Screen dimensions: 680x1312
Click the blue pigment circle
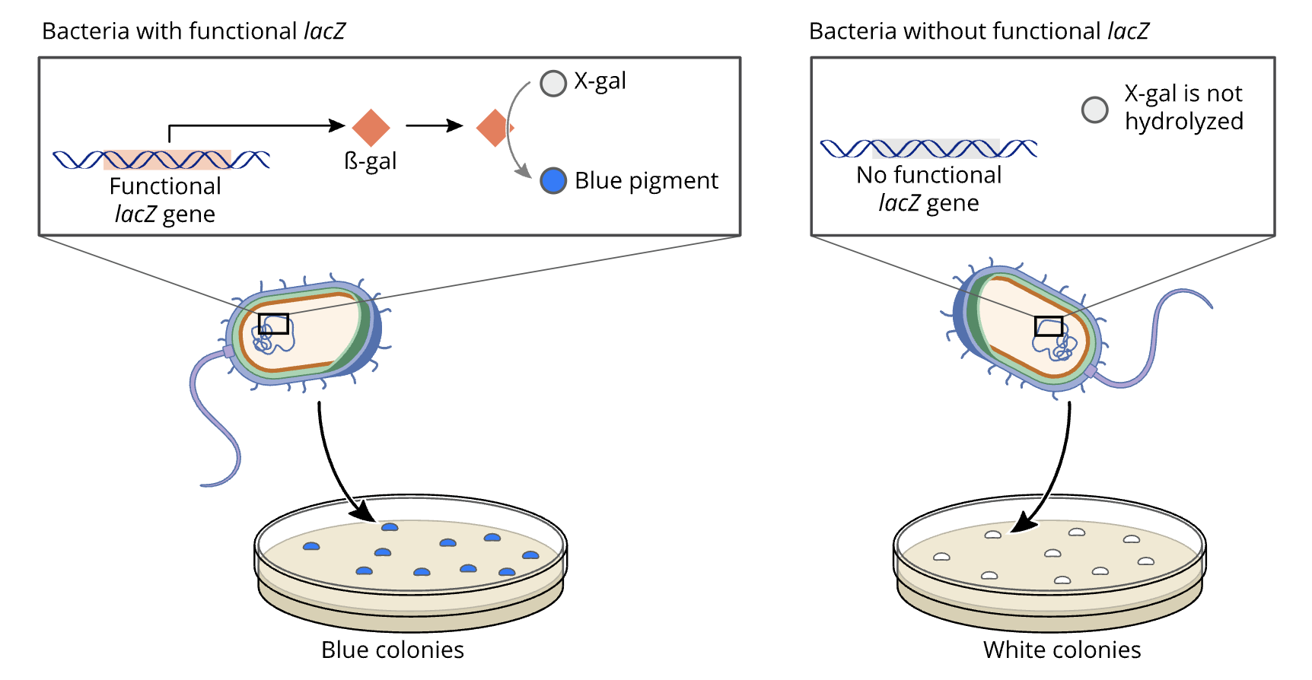[553, 180]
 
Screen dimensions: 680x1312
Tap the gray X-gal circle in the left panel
[553, 83]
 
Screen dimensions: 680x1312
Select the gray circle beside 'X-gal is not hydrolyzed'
[1094, 110]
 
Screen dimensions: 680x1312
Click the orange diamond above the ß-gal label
[371, 127]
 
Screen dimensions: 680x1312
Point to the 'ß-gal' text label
[371, 161]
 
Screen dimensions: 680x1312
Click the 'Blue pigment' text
[645, 181]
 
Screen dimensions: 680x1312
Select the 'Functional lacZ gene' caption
[165, 200]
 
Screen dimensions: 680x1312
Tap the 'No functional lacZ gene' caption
[928, 189]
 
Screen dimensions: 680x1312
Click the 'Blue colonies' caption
[392, 650]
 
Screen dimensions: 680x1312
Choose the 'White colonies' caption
[1062, 650]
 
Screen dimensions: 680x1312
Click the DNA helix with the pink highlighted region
[161, 160]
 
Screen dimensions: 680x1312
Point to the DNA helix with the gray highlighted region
[928, 148]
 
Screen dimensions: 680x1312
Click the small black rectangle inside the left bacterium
[273, 324]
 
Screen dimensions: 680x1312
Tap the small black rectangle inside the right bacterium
[1049, 326]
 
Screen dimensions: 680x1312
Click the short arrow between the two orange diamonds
[434, 126]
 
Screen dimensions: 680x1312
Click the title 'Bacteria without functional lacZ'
[979, 31]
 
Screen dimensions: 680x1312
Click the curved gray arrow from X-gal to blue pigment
[510, 129]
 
